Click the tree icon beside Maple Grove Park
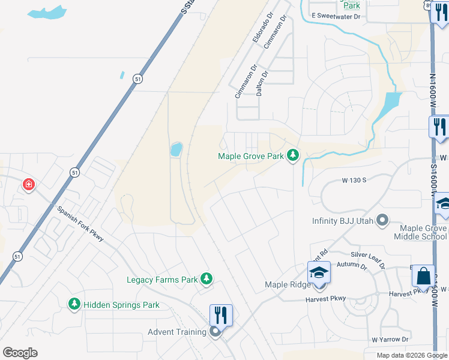(x=293, y=156)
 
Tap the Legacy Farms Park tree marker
(x=206, y=279)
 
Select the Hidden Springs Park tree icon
(x=74, y=305)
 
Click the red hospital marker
(x=28, y=185)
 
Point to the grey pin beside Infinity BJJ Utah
(x=381, y=221)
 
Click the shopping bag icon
(x=423, y=276)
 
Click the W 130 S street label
(x=354, y=180)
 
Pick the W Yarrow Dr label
(x=390, y=339)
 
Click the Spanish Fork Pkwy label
(x=81, y=224)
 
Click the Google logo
(x=20, y=353)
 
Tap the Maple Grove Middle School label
(x=420, y=232)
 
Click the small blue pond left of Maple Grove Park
(x=176, y=149)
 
